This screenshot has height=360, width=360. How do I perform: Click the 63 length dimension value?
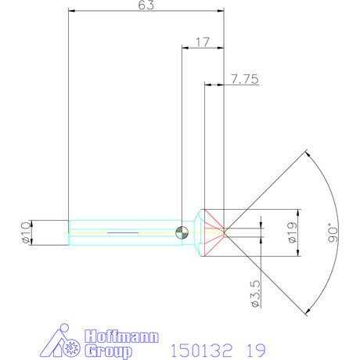(x=146, y=5)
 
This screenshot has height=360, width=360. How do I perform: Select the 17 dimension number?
(x=203, y=41)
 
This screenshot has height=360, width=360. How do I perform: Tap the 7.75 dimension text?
(x=245, y=79)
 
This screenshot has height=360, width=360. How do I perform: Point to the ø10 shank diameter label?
(x=27, y=232)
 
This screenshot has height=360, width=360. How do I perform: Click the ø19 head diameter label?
(x=293, y=232)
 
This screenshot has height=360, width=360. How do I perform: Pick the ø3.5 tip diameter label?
(x=256, y=293)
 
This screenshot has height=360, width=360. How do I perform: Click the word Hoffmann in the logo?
(x=121, y=337)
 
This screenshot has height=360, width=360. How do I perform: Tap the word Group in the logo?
(x=108, y=351)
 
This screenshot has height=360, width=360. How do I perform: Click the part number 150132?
(x=201, y=351)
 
